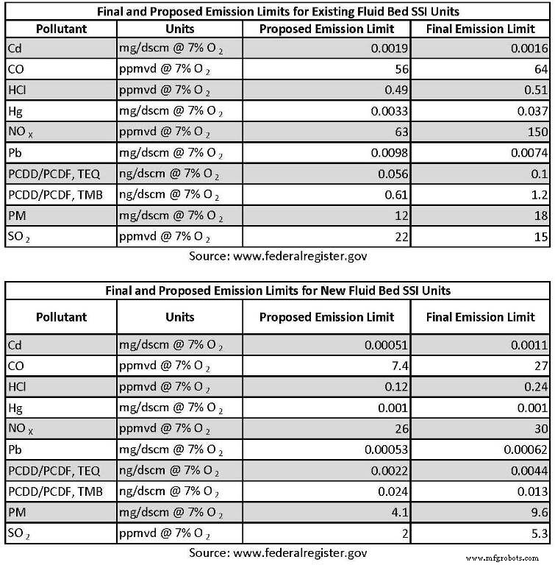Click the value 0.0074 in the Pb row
point(524,153)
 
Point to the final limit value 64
point(540,70)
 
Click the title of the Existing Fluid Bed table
point(277,11)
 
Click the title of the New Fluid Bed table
point(277,291)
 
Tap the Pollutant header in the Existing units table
point(61,29)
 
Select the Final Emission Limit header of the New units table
point(481,317)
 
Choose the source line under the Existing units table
point(277,257)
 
